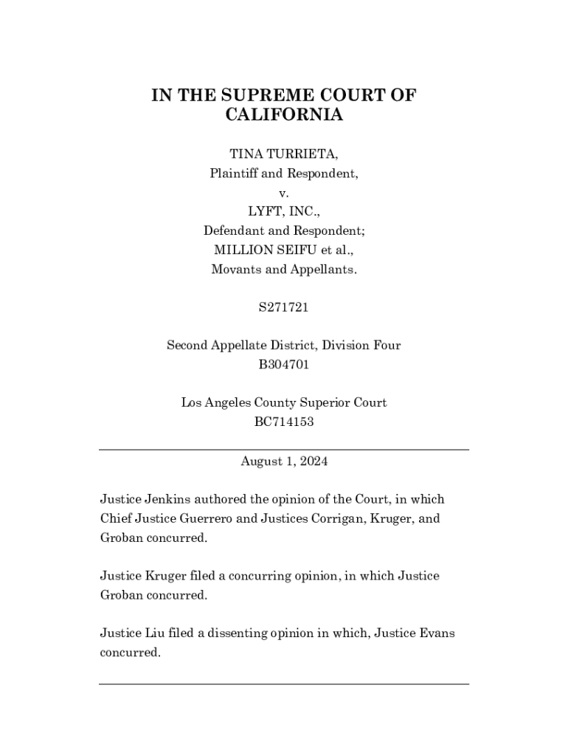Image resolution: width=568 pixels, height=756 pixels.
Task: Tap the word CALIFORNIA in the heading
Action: [284, 115]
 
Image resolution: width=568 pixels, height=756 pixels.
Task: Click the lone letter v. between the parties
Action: [284, 193]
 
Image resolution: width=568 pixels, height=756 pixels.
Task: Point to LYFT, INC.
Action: [284, 212]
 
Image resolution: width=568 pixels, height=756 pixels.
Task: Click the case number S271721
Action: [284, 307]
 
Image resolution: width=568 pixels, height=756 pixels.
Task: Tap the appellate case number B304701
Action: [284, 365]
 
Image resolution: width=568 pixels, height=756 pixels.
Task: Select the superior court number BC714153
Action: [284, 422]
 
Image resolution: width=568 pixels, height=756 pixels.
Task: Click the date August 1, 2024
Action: [284, 461]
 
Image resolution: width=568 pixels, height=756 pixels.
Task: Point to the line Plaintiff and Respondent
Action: [284, 173]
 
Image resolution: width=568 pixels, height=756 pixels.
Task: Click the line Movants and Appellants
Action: [284, 269]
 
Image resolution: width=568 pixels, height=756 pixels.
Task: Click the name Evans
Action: [433, 633]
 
